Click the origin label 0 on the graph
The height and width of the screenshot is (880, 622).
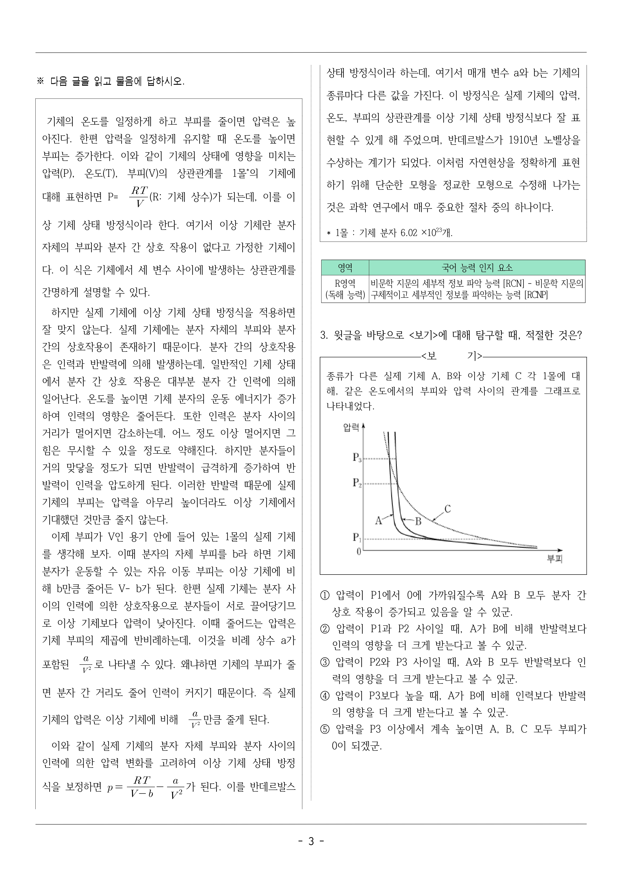click(x=359, y=551)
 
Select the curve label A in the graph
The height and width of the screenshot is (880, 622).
click(x=379, y=520)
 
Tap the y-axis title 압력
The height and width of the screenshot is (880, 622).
click(x=351, y=427)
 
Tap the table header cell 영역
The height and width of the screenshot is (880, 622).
click(x=345, y=268)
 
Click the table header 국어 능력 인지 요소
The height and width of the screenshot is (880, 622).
click(x=477, y=268)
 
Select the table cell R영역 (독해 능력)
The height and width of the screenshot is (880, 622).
click(x=345, y=289)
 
